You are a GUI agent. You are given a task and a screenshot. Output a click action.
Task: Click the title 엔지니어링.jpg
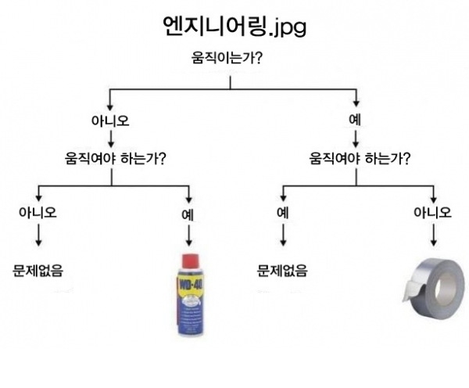tap(234, 26)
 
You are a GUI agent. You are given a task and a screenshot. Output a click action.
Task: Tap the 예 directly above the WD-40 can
tap(188, 212)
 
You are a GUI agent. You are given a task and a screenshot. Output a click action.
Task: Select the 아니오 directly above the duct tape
tap(432, 212)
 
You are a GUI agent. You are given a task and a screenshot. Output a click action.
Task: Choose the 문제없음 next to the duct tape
tap(282, 271)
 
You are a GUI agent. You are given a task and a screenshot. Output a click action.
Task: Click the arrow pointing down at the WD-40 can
tap(188, 235)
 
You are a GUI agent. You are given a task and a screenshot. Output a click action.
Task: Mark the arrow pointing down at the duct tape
tap(432, 235)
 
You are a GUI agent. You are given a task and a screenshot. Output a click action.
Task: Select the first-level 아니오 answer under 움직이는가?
tap(110, 121)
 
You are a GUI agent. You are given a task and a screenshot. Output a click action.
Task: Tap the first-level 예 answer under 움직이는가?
tap(356, 121)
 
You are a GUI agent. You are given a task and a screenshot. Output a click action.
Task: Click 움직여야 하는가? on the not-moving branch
tap(116, 159)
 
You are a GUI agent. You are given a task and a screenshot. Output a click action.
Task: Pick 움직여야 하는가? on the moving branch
tap(361, 159)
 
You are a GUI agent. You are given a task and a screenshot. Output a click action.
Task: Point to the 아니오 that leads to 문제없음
tap(38, 212)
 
